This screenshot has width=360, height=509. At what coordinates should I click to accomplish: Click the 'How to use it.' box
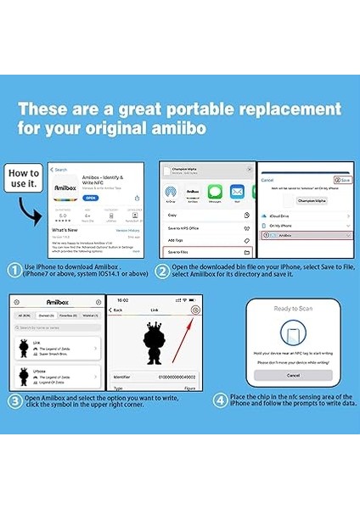coord(24,179)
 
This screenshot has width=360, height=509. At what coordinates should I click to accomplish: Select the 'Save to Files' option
coord(179,252)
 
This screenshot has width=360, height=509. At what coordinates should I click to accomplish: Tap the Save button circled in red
coord(342,180)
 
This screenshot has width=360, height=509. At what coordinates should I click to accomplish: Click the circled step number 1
coord(14,271)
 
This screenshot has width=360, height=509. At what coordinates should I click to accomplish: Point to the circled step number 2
coord(162,271)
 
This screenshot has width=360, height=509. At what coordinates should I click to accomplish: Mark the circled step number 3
coord(14,400)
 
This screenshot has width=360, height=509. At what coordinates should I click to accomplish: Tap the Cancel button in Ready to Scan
coord(293,375)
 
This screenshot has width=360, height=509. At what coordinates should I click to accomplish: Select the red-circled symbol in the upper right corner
coord(195,310)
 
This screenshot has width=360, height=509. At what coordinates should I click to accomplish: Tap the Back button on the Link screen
coord(117,310)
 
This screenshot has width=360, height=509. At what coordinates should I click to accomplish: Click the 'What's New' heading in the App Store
coord(65,229)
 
